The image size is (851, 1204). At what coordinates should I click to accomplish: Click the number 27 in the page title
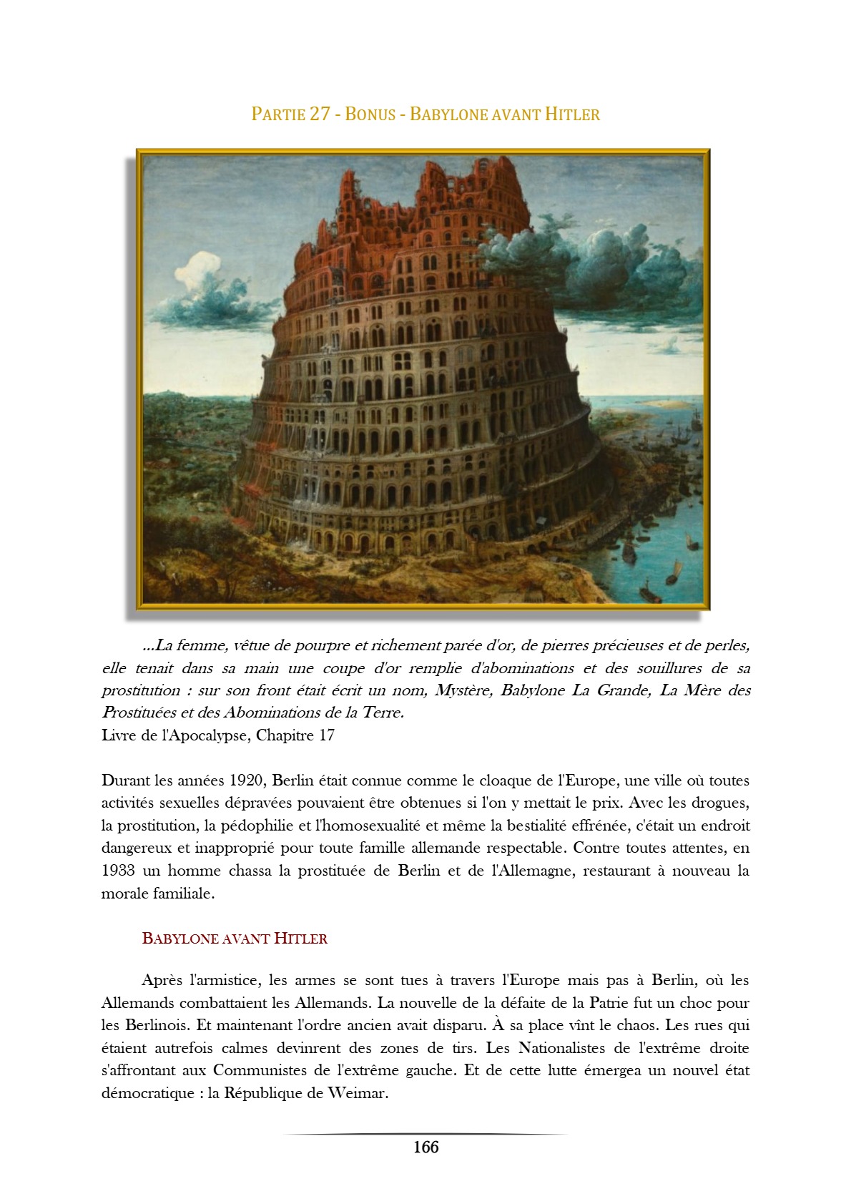320,114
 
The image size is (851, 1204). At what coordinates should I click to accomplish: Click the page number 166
425,1147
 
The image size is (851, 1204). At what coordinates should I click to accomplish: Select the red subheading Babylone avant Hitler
235,939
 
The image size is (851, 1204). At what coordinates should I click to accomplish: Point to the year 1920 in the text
248,780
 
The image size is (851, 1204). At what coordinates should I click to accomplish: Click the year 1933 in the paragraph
117,871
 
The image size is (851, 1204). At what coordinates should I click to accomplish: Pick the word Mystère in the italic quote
463,690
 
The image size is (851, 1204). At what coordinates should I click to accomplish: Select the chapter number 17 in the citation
326,735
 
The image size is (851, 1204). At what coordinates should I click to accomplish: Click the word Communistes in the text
260,1070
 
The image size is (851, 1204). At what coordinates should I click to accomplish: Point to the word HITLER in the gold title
572,114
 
